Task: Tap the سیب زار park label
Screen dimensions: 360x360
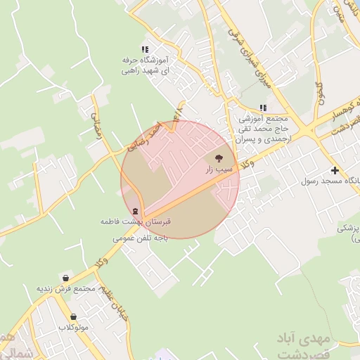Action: [218, 169]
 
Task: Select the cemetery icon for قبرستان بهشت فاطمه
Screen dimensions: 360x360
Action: [134, 212]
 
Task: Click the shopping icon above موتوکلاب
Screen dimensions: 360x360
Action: [73, 317]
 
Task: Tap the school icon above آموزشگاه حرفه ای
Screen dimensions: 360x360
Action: [144, 49]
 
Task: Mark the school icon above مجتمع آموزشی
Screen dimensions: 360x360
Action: [263, 108]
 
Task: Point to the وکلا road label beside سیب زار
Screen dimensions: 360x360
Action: [248, 164]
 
